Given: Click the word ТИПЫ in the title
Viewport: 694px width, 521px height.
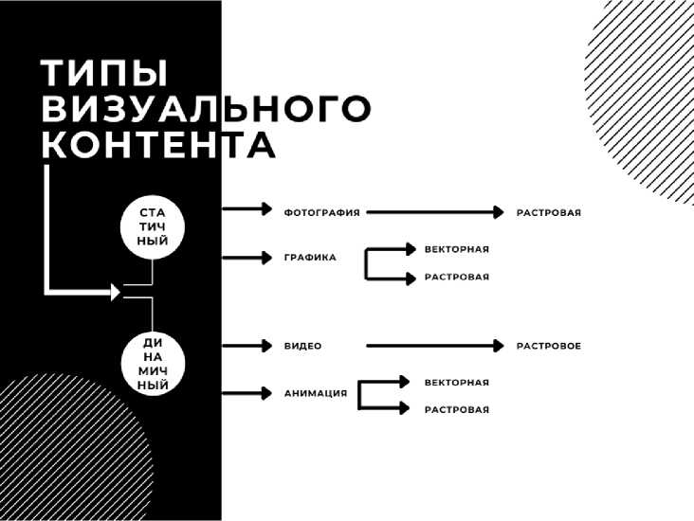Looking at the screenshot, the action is tap(104, 74).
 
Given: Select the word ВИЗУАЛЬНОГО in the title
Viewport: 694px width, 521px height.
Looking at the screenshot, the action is tap(206, 110).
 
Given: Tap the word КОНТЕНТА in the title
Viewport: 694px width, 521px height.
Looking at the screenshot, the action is tap(159, 146).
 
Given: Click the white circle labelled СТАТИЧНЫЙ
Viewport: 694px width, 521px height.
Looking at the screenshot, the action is tap(153, 225).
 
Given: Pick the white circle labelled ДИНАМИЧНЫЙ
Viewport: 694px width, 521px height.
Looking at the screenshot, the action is tap(153, 363).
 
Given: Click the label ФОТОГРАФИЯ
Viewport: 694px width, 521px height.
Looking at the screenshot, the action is tap(321, 213).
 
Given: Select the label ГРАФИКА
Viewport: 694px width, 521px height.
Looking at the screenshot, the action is tap(309, 258).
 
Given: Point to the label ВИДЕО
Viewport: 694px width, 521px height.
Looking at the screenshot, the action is tap(302, 347).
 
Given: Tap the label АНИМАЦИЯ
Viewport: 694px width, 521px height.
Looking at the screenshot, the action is tap(315, 393).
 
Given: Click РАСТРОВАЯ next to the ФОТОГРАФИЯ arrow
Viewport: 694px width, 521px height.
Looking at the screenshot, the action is tap(548, 213).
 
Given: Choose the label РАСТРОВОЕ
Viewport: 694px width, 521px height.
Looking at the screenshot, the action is tap(548, 347).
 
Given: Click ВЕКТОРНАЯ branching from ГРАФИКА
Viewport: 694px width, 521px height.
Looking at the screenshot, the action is tap(456, 249).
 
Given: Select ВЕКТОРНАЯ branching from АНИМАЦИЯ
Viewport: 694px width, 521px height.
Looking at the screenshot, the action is tap(456, 383).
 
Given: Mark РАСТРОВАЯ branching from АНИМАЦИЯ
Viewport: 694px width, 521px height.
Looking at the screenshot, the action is tap(456, 410).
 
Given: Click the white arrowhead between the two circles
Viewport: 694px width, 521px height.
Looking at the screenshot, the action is tap(116, 293).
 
